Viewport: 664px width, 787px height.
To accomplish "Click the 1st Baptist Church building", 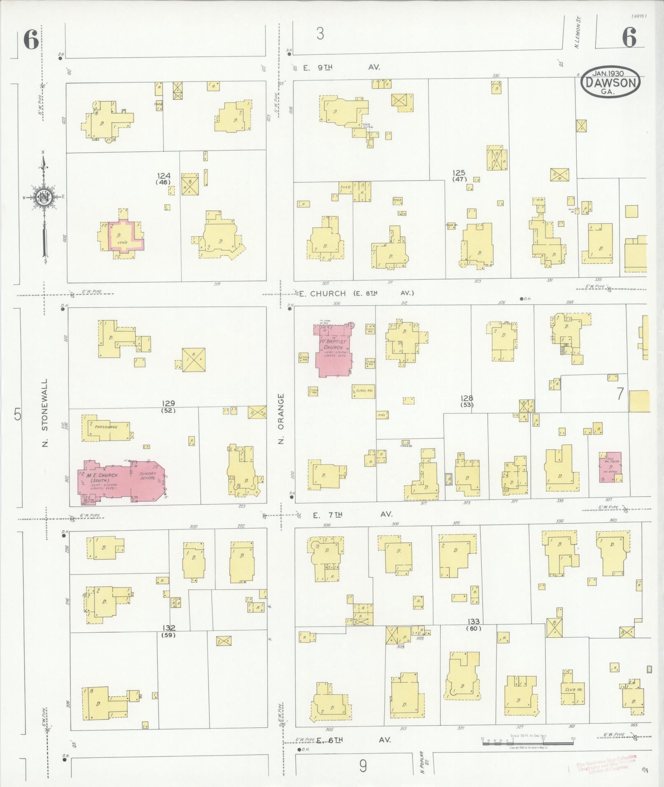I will point(333,350).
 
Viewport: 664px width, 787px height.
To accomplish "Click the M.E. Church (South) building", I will point(121,480).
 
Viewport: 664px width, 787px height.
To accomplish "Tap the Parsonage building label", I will point(106,427).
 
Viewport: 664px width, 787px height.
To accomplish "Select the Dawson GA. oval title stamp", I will point(610,82).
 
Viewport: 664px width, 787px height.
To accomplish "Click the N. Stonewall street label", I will point(45,413).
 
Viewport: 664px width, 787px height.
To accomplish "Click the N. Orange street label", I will point(281,419).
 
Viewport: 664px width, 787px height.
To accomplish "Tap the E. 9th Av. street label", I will point(341,67).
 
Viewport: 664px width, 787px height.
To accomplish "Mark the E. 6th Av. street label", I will point(352,740).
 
